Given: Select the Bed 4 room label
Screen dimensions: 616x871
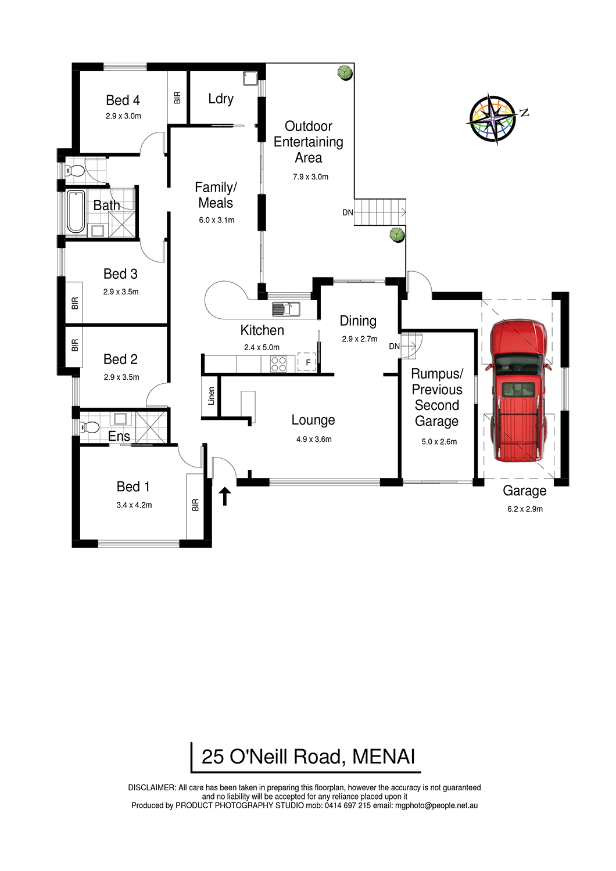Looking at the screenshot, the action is point(123,100).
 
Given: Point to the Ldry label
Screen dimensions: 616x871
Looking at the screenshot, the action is point(221,99).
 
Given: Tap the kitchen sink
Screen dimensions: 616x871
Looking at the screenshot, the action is point(286,309).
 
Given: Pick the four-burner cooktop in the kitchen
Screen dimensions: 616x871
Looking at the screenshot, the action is point(278,364).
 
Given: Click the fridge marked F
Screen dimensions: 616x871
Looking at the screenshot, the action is point(307,362).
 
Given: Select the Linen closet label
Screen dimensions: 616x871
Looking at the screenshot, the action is point(212,396).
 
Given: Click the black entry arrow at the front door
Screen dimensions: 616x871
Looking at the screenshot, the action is point(224,496).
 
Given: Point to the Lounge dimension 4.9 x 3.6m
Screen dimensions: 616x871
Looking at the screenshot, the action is point(314,440).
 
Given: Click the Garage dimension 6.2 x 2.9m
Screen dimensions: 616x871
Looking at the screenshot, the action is point(525,509).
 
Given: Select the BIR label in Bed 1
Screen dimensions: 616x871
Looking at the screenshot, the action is point(195,505).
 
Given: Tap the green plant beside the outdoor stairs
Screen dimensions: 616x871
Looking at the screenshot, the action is point(397,235).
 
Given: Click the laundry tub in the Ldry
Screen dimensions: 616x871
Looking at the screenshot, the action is point(249,78).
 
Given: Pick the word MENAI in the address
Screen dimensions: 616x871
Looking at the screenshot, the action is point(384,757).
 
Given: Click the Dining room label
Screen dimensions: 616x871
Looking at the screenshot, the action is point(358,321).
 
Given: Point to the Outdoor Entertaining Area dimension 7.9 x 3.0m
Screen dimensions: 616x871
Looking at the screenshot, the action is point(310,177).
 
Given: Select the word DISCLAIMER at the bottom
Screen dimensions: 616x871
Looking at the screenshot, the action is point(152,787).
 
